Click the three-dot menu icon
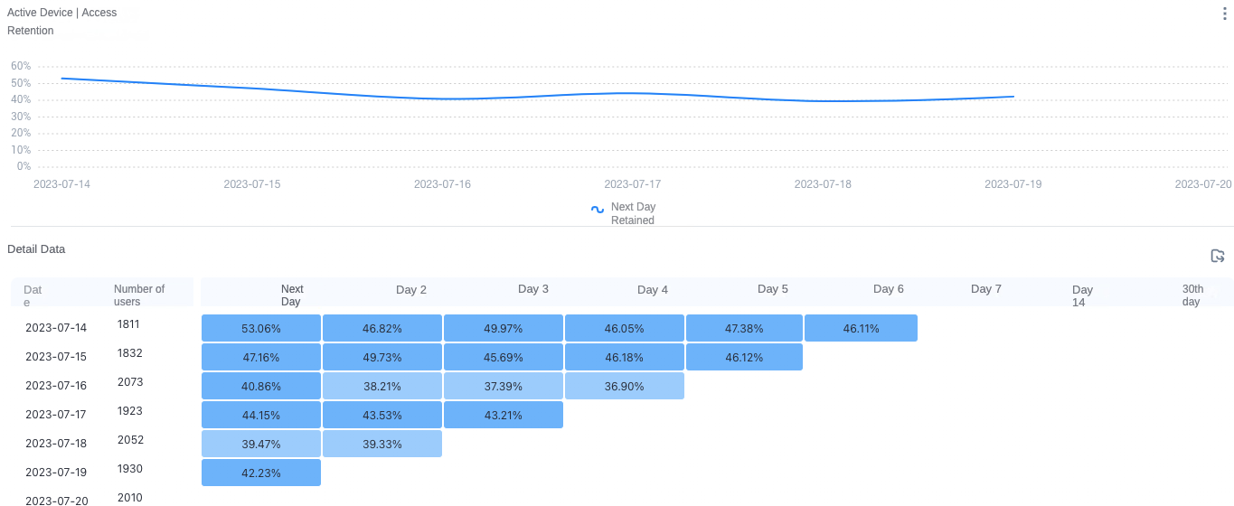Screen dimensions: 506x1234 [x=1224, y=14]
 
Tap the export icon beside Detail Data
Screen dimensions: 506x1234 [x=1218, y=256]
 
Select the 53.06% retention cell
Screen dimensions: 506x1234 [x=261, y=328]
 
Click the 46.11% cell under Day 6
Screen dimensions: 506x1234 [x=861, y=328]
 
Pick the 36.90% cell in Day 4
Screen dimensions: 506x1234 [x=624, y=386]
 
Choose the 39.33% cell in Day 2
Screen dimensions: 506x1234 [x=382, y=444]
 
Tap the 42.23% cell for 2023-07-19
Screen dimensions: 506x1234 [x=261, y=473]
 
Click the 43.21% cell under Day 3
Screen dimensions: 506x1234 [x=504, y=415]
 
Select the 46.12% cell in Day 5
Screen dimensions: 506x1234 [x=744, y=357]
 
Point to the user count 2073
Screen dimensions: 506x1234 [x=130, y=382]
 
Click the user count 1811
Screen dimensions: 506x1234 [x=128, y=324]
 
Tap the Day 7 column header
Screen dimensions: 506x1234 [x=986, y=289]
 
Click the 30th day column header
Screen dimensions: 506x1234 [x=1192, y=295]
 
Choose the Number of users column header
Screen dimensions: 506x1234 [x=139, y=295]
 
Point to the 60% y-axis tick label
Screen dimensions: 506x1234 [x=21, y=66]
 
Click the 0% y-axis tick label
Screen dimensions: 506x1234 [x=24, y=166]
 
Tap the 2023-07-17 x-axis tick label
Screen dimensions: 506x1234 [x=632, y=184]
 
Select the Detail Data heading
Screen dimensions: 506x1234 [x=36, y=249]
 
